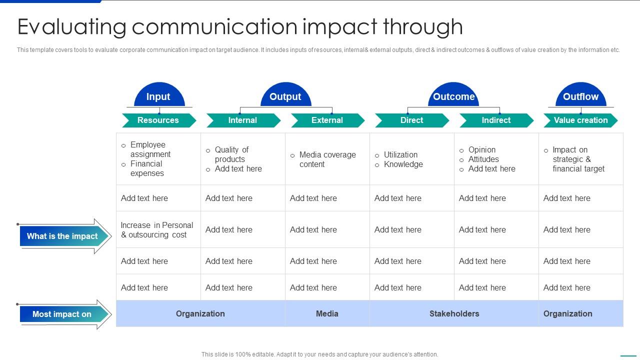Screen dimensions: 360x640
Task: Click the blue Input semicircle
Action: pos(158,96)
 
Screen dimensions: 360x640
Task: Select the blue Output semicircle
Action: pos(285,96)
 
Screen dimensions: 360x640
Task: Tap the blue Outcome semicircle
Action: pos(453,96)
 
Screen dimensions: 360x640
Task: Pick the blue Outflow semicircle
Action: pos(580,96)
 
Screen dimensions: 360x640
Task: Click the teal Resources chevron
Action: pos(158,120)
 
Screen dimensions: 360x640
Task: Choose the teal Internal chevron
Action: pos(243,120)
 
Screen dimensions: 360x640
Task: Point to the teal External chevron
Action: pos(327,120)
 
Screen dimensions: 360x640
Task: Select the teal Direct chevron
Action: pos(412,120)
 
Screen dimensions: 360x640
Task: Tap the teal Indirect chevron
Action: pos(496,120)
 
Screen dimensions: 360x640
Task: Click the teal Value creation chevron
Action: pos(580,120)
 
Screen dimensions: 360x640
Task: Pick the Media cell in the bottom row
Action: pos(327,314)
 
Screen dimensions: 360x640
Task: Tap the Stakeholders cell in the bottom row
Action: pos(454,314)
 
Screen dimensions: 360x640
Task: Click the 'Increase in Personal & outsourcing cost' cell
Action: pos(157,230)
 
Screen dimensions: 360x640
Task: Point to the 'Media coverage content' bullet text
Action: pos(327,159)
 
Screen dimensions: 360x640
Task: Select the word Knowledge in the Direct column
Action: pos(403,164)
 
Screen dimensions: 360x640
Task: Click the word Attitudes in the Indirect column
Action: pos(483,159)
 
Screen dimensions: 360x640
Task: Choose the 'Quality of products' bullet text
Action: pos(231,154)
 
